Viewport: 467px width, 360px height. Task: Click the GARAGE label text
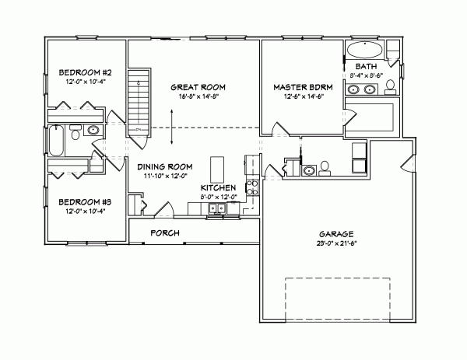click(336, 232)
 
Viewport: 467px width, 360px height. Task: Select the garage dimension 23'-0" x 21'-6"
click(336, 242)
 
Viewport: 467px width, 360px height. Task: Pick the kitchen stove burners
click(252, 186)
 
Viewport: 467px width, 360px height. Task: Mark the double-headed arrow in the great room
click(172, 128)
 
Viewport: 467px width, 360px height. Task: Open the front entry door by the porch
click(166, 210)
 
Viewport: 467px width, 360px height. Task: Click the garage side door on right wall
click(406, 163)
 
